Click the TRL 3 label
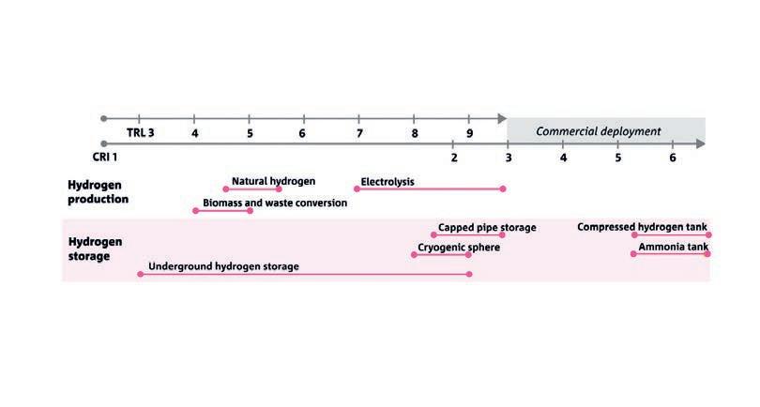[x=140, y=133]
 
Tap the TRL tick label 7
[x=358, y=133]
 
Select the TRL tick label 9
[x=469, y=133]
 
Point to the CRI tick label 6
[x=673, y=157]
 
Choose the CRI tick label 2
[x=453, y=157]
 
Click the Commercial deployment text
[x=599, y=131]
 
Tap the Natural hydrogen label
[x=273, y=181]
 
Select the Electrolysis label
[x=388, y=181]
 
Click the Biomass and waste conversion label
[x=275, y=203]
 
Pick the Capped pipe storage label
[x=487, y=227]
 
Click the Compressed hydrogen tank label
[x=642, y=226]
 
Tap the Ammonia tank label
[x=673, y=248]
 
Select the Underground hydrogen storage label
[x=223, y=266]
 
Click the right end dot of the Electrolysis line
[x=503, y=189]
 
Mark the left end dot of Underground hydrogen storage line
[x=140, y=275]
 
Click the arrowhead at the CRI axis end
[x=703, y=143]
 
